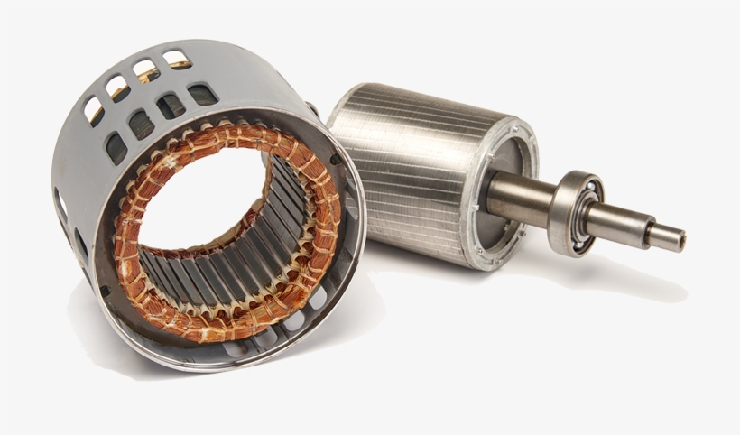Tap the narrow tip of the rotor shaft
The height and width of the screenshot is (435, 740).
tap(665, 237)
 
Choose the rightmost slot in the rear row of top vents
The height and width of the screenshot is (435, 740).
tap(178, 60)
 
